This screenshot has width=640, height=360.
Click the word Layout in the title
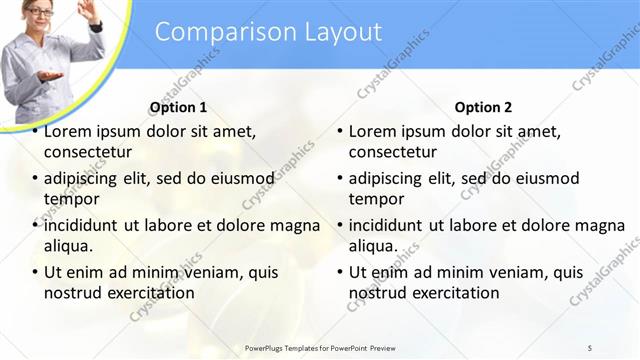[337, 32]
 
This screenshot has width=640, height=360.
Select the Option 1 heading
[178, 107]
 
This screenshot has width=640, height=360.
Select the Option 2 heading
[483, 107]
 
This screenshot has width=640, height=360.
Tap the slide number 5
[589, 347]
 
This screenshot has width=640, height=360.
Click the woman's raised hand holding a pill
[88, 11]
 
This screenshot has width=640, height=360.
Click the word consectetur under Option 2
[393, 153]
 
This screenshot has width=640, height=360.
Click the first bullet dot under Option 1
[36, 131]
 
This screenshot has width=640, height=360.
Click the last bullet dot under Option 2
[341, 272]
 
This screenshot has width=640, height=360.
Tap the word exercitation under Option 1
[149, 293]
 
